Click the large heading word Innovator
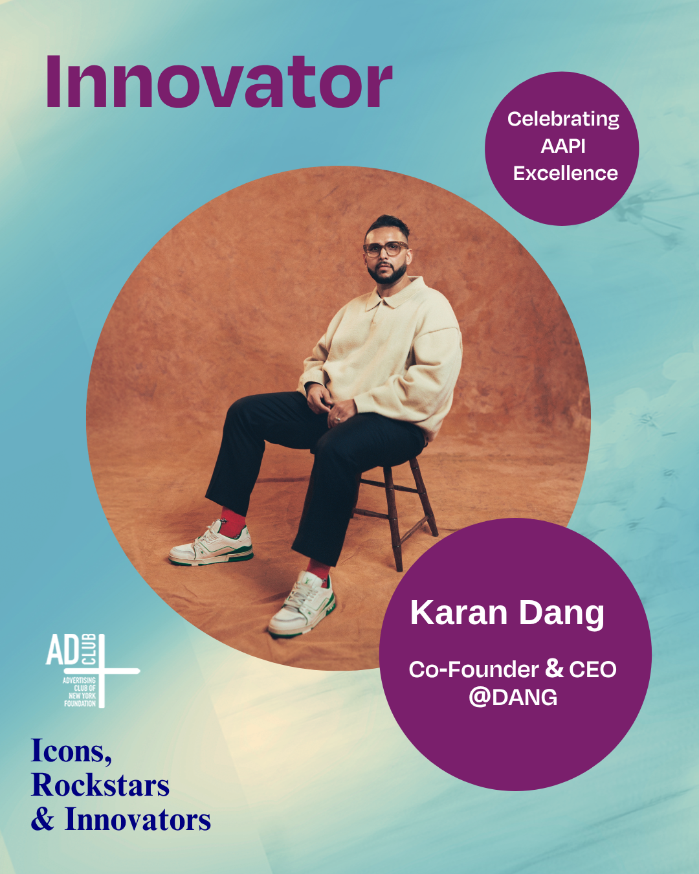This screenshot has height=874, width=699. [x=219, y=82]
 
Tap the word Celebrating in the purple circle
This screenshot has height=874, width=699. [x=563, y=120]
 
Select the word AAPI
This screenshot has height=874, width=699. [x=563, y=146]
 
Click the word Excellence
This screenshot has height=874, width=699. [x=566, y=174]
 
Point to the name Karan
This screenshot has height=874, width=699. [x=458, y=612]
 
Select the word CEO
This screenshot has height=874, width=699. [x=593, y=669]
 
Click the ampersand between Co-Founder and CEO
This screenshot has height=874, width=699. [x=554, y=669]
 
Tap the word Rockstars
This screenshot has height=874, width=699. [x=100, y=785]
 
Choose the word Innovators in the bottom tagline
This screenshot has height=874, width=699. [x=138, y=819]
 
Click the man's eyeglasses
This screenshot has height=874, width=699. [x=386, y=248]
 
